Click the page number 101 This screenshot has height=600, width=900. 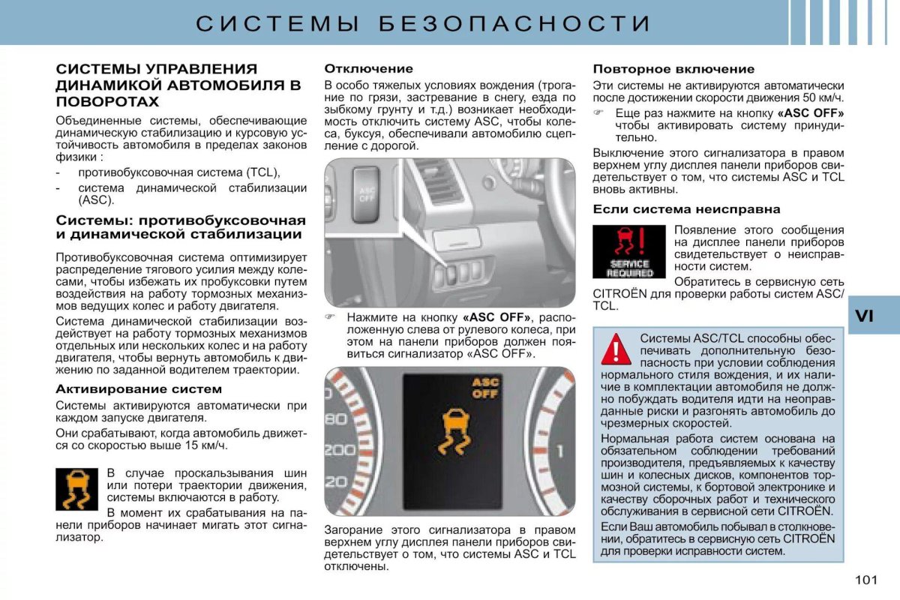click(x=865, y=580)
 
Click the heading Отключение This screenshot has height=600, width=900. click(x=368, y=68)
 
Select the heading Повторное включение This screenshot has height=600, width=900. click(x=673, y=68)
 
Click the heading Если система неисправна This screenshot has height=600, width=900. click(x=686, y=209)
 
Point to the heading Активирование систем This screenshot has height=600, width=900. click(x=139, y=388)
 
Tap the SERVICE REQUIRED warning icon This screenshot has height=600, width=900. click(x=629, y=252)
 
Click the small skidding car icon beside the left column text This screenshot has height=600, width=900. click(x=77, y=489)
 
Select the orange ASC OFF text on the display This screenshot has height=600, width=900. click(x=484, y=388)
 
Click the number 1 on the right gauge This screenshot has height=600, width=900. click(x=559, y=451)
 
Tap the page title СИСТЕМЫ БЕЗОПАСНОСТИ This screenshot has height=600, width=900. click(x=423, y=23)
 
